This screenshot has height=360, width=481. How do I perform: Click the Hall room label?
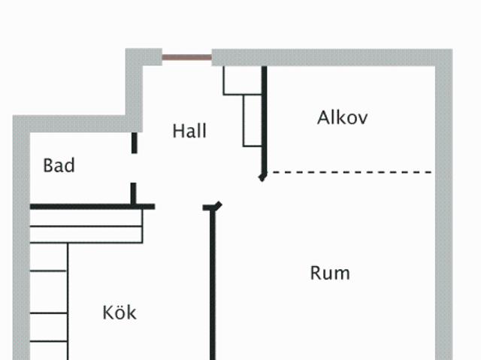189,131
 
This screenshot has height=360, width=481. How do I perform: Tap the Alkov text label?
343,117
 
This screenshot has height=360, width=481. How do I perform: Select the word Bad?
59,165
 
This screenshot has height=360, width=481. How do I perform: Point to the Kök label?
119,313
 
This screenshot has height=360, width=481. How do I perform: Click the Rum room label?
330,273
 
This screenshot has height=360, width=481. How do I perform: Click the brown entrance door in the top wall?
187,57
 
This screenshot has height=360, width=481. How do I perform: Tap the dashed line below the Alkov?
349,172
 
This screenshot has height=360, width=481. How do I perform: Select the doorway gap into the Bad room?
134,168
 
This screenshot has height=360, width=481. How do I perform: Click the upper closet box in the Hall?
242,80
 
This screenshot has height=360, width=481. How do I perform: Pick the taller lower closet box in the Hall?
253,120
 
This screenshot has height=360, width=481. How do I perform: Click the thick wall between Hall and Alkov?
264,119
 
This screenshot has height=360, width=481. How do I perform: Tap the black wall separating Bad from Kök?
92,207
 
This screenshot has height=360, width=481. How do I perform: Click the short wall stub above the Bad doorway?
134,143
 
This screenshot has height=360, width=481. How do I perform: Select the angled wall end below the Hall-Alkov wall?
262,177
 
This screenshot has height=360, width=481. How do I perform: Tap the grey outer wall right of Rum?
444,213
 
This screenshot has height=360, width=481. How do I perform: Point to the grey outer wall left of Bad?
21,237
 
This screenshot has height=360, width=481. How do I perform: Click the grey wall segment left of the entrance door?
144,57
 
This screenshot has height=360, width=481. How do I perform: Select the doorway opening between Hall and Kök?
179,207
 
